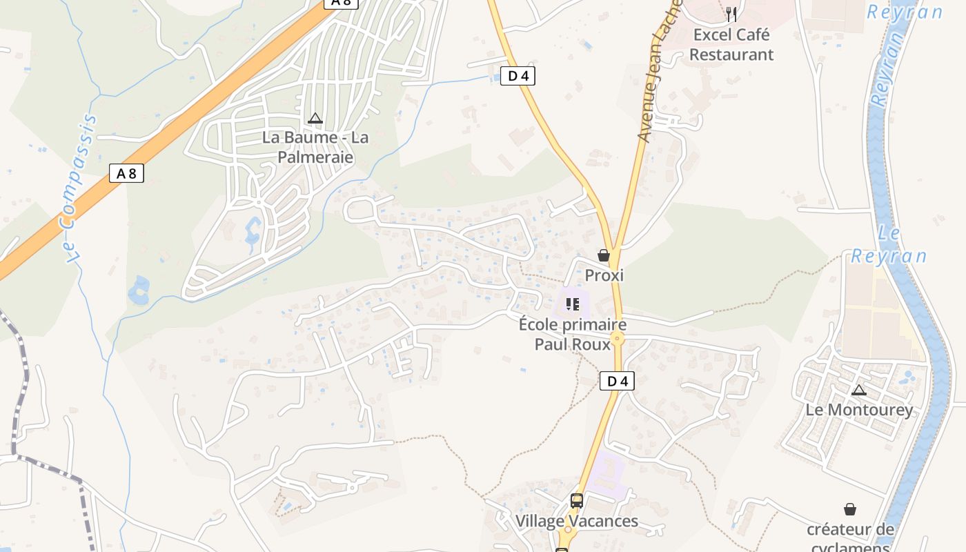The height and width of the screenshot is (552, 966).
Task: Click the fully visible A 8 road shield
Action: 126,173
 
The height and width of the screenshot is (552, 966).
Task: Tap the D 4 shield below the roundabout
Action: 616,381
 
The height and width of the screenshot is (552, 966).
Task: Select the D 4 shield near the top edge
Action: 517,76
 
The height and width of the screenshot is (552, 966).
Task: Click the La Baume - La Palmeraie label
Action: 315,147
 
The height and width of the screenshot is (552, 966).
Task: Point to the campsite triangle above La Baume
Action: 315,119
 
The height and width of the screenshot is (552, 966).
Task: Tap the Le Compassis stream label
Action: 77,190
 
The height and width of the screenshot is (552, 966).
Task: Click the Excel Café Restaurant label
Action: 731,44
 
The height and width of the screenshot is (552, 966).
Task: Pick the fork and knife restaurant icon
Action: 731,14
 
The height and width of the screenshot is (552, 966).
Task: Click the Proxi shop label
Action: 604,275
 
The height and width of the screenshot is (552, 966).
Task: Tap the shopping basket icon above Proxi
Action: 604,256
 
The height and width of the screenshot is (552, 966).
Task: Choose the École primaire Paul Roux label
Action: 573,334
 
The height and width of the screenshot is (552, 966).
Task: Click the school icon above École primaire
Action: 572,304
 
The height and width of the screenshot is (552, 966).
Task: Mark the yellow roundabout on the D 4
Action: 617,338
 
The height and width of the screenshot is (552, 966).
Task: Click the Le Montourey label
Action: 859,410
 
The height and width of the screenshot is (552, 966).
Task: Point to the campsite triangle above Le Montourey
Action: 858,391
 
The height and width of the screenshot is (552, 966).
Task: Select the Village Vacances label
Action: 577,521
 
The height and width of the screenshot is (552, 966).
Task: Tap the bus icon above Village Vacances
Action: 577,501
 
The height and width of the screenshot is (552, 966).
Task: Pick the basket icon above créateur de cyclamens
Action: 850,509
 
